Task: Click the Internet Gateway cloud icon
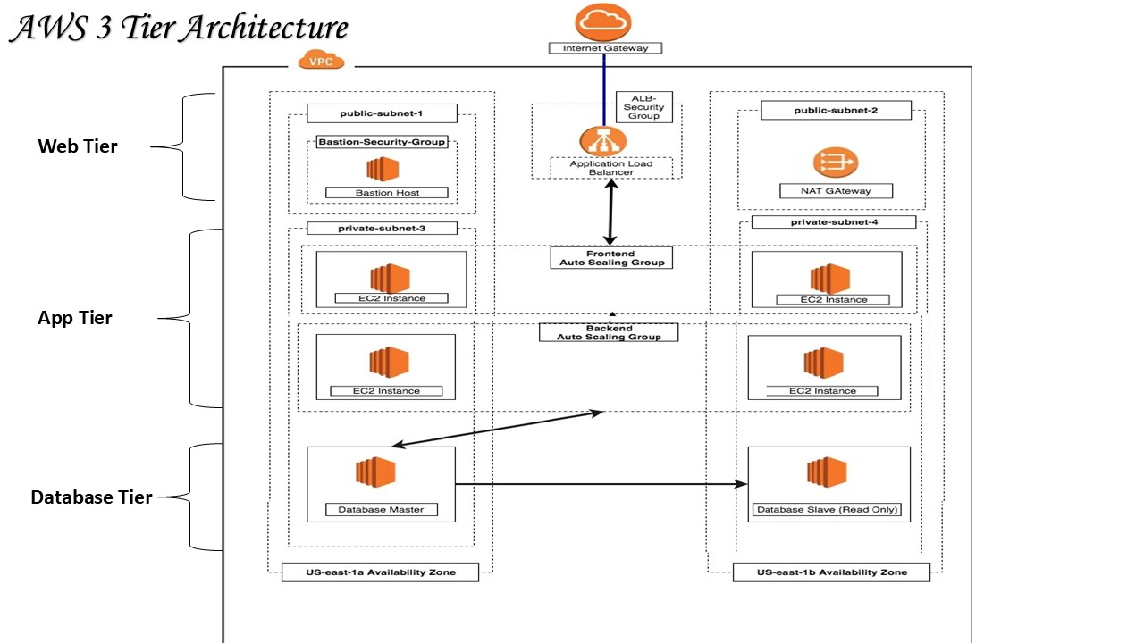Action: pos(603,21)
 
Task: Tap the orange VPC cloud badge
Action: pos(325,62)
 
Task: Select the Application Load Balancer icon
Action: pos(603,141)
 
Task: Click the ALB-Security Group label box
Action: pos(643,107)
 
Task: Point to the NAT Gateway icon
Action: pos(835,163)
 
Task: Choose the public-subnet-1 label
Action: pos(382,113)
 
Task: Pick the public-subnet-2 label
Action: pos(836,110)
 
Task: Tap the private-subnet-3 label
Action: pos(382,228)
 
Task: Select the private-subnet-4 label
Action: pos(833,221)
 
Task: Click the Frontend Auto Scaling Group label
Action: pos(611,258)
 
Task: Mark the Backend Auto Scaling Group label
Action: pos(609,332)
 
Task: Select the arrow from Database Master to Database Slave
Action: pos(599,484)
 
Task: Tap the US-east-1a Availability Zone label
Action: pos(380,572)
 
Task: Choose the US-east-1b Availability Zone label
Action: pos(831,572)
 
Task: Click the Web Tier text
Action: pos(78,146)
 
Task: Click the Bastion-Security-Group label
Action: pos(382,142)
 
